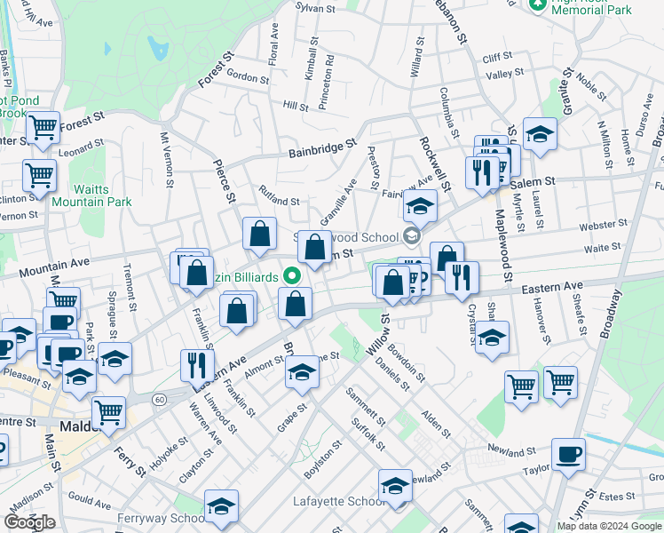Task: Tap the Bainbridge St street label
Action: [x=321, y=147]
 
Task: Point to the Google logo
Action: [x=30, y=522]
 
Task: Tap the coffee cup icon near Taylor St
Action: [x=568, y=454]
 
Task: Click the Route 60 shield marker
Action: [x=159, y=400]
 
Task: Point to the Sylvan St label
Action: [x=315, y=8]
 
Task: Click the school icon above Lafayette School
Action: [x=395, y=486]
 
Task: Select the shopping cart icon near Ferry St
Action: [x=108, y=411]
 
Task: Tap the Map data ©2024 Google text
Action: [x=610, y=526]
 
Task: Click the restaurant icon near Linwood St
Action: [x=197, y=365]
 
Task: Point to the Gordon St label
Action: [x=248, y=78]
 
